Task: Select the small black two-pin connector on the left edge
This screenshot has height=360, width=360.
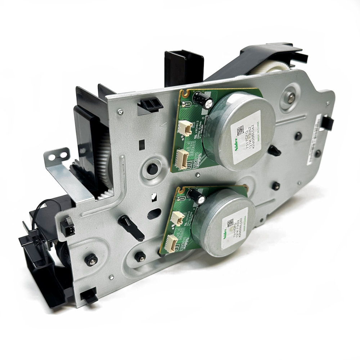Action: (x=67, y=228)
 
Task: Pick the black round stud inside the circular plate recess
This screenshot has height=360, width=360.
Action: (x=152, y=167)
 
